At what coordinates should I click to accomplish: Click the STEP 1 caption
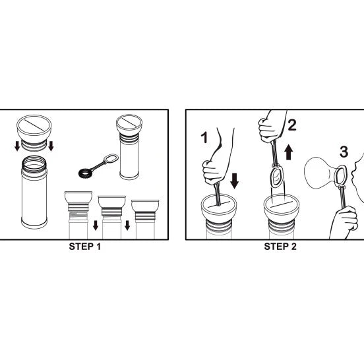(85, 247)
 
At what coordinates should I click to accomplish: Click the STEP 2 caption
(280, 247)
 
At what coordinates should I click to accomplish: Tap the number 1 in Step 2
(204, 137)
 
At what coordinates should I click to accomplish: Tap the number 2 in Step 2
(292, 125)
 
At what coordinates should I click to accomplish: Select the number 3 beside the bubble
(344, 152)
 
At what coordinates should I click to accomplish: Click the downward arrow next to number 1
(235, 181)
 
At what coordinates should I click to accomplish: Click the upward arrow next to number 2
(289, 152)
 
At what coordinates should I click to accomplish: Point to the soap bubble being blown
(319, 173)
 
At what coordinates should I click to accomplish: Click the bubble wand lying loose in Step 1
(98, 165)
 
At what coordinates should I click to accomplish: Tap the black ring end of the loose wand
(85, 173)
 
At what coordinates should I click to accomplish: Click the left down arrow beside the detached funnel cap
(17, 146)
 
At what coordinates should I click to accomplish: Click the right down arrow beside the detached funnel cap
(51, 146)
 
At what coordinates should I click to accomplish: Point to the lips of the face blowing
(353, 172)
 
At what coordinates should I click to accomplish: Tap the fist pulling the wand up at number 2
(268, 131)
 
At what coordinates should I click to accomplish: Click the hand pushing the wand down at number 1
(212, 172)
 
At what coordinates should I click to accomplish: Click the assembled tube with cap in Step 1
(129, 146)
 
